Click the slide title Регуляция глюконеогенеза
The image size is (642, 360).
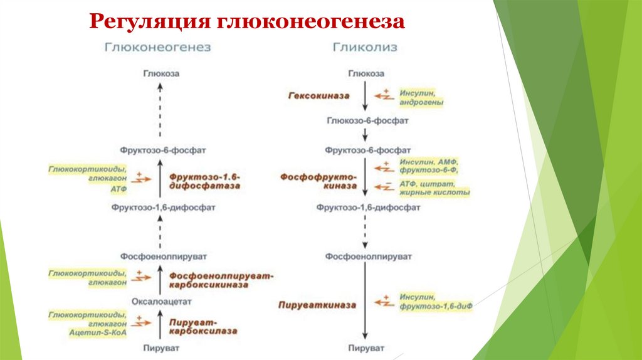coord(247,21)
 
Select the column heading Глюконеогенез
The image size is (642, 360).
coord(157,47)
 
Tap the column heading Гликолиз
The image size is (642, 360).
coord(364,47)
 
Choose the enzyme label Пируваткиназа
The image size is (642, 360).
coord(317,304)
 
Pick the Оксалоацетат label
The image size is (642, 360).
coord(159,302)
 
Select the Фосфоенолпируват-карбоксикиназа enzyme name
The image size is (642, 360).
coord(222,279)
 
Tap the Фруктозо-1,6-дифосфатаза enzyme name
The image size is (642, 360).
coord(204,181)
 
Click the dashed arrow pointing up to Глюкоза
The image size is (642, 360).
coord(160,111)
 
